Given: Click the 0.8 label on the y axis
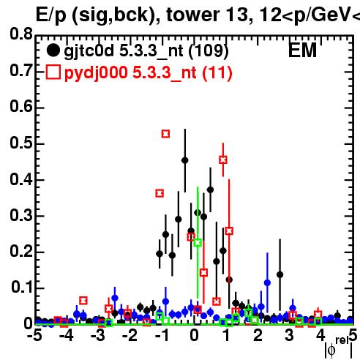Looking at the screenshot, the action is pos(21,34).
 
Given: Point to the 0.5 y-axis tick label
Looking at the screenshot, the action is pos(21,143).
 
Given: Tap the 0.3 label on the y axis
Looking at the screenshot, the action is pos(21,215).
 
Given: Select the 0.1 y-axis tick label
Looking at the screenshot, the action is pos(22,288).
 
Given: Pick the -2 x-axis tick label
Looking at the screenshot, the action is pos(130,336).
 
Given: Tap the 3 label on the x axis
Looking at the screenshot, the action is pos(289,336).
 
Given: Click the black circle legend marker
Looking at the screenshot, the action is pos(53,50).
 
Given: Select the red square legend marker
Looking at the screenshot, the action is pos(53,72).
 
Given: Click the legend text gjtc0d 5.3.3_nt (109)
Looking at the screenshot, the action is pos(146,51).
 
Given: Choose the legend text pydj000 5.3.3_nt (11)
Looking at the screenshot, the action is pos(149,73).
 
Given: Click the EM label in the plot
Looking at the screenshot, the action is pos(302,50).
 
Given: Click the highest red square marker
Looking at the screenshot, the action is pos(165,134).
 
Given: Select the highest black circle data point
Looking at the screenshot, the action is pos(185,160).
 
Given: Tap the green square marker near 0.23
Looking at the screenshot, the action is pos(198,243).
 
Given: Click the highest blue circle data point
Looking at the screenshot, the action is pos(268,283).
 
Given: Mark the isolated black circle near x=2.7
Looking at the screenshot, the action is pos(280,275).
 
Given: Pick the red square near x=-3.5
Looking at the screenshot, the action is pos(83,301).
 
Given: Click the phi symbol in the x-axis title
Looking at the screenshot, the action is pos(331,350).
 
